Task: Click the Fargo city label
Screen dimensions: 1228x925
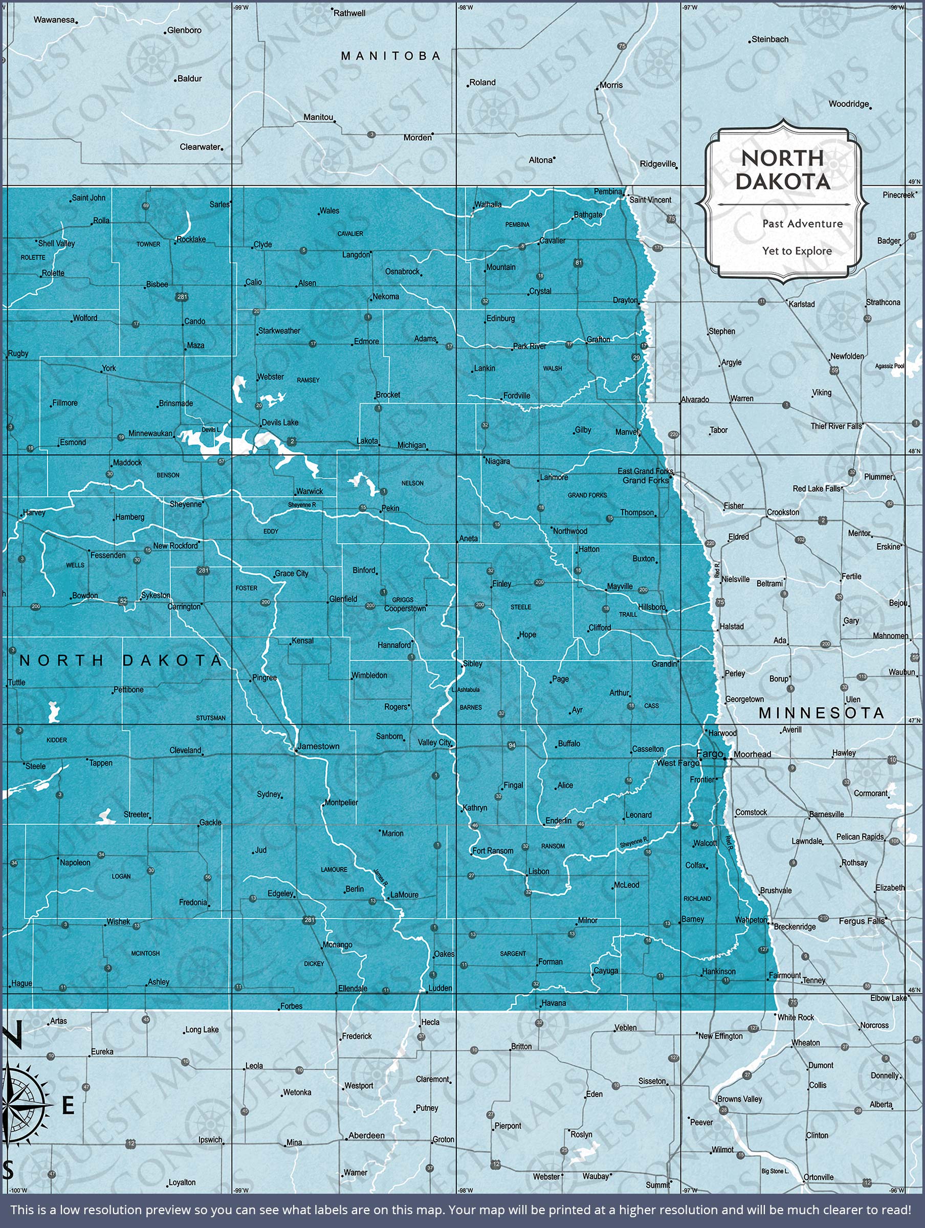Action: pyautogui.click(x=709, y=753)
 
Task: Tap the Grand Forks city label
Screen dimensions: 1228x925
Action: pyautogui.click(x=646, y=480)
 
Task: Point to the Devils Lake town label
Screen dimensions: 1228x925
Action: pyautogui.click(x=280, y=423)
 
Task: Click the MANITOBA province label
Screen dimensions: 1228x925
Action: pyautogui.click(x=391, y=56)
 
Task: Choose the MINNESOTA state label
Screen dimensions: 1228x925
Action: pyautogui.click(x=821, y=713)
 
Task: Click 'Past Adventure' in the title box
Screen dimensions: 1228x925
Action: pyautogui.click(x=802, y=224)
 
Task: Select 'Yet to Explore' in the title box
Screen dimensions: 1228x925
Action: pyautogui.click(x=797, y=251)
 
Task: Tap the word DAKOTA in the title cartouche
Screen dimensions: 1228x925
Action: pyautogui.click(x=783, y=182)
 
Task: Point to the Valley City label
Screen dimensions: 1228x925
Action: pyautogui.click(x=435, y=742)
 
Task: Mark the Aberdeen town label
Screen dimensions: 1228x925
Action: pyautogui.click(x=366, y=1135)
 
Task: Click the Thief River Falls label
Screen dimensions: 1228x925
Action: pyautogui.click(x=836, y=426)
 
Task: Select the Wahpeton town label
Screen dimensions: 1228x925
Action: pyautogui.click(x=751, y=920)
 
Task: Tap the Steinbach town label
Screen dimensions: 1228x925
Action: pyautogui.click(x=769, y=39)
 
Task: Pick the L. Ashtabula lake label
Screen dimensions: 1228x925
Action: pyautogui.click(x=465, y=690)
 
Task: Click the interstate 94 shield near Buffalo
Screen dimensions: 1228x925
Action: pyautogui.click(x=512, y=745)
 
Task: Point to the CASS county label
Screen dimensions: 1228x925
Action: pyautogui.click(x=651, y=706)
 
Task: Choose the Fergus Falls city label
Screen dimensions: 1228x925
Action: pyautogui.click(x=861, y=921)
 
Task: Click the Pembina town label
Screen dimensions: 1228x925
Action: pyautogui.click(x=607, y=191)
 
